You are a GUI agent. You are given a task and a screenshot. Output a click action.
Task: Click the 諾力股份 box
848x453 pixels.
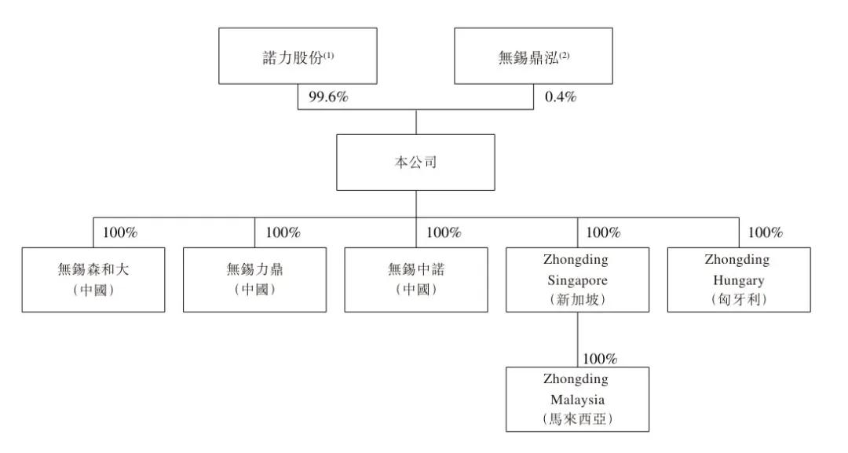click(x=298, y=56)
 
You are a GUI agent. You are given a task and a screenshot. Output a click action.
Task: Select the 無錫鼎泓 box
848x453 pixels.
click(x=533, y=56)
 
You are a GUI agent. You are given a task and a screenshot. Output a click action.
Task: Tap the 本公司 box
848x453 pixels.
click(x=415, y=163)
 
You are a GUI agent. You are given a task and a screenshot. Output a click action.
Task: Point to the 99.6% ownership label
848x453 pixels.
click(x=328, y=97)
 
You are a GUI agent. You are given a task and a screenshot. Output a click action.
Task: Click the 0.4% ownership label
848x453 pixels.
click(x=561, y=97)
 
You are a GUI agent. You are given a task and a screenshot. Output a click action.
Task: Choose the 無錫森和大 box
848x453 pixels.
click(x=93, y=279)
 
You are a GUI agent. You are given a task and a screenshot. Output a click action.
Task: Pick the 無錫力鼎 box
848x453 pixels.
click(x=254, y=279)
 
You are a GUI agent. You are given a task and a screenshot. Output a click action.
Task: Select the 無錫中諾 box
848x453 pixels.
click(x=416, y=279)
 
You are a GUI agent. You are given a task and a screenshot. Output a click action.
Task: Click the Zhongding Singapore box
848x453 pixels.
click(x=577, y=279)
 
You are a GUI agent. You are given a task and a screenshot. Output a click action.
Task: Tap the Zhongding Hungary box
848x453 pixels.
click(x=739, y=279)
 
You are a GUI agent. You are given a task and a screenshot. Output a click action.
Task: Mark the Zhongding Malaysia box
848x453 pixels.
click(x=577, y=400)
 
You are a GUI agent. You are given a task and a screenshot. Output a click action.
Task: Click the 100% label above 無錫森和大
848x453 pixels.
click(x=120, y=232)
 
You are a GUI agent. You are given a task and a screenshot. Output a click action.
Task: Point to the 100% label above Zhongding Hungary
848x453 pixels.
click(x=766, y=232)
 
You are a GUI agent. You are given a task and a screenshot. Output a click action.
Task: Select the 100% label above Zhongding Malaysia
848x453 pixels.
click(x=600, y=359)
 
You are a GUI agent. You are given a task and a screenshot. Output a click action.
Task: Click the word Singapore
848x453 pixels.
click(x=577, y=280)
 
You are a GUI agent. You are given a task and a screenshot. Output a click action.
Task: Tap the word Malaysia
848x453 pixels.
click(x=577, y=400)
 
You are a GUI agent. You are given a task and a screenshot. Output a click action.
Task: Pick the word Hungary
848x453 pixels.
click(x=739, y=280)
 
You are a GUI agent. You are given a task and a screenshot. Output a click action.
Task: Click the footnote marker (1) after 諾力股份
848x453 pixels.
click(x=329, y=55)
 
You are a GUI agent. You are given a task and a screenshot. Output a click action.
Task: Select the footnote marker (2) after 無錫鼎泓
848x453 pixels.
click(x=564, y=55)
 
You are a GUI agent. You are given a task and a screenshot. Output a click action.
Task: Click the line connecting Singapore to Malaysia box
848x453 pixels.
click(x=577, y=339)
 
